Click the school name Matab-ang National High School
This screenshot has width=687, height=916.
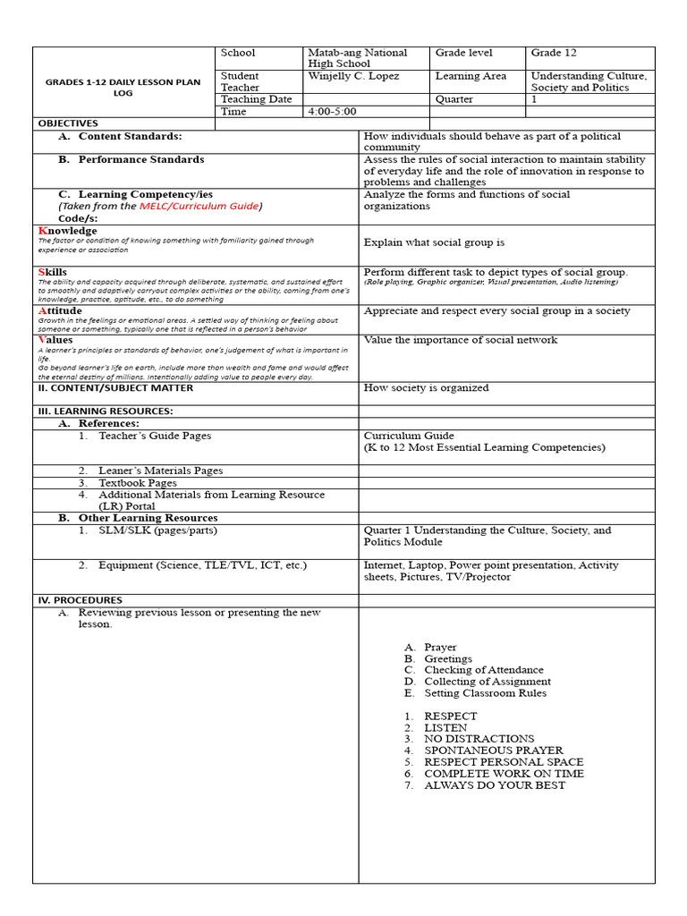[356, 59]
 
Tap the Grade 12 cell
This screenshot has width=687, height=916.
[554, 54]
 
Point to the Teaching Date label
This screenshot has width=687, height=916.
[256, 100]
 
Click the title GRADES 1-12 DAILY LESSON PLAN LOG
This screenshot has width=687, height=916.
[123, 88]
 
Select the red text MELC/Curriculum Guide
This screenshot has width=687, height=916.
[199, 207]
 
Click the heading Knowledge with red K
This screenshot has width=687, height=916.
[68, 231]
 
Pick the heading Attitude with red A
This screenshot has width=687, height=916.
[60, 311]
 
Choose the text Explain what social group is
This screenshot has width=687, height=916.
[434, 242]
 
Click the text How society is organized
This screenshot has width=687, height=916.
[426, 388]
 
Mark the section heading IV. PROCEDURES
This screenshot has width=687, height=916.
[80, 600]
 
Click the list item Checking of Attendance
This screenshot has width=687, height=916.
[483, 670]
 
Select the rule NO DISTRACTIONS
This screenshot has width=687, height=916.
[479, 739]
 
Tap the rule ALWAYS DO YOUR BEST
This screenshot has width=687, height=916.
[494, 785]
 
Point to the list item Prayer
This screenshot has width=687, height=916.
[440, 647]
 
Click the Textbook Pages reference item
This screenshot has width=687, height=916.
[138, 483]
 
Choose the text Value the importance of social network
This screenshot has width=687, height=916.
[460, 340]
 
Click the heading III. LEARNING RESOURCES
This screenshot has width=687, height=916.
[105, 411]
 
